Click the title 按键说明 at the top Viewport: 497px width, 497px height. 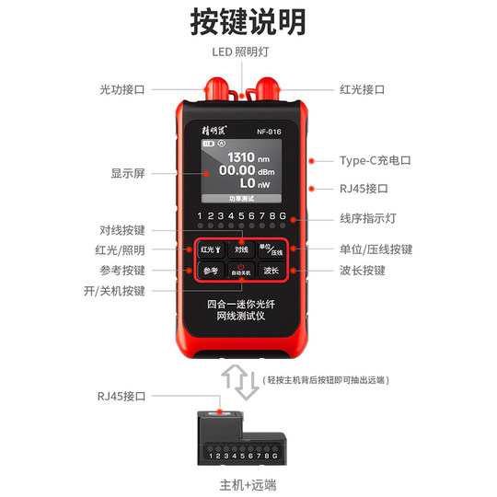click(248, 21)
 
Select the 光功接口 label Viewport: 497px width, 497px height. click(122, 89)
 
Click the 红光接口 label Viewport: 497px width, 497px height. click(361, 89)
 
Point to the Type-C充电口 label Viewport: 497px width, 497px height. click(375, 160)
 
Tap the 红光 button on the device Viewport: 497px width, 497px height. click(209, 249)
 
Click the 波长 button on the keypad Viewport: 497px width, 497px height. click(271, 271)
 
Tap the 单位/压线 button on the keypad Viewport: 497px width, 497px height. click(271, 249)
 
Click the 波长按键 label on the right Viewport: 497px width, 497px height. click(361, 271)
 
